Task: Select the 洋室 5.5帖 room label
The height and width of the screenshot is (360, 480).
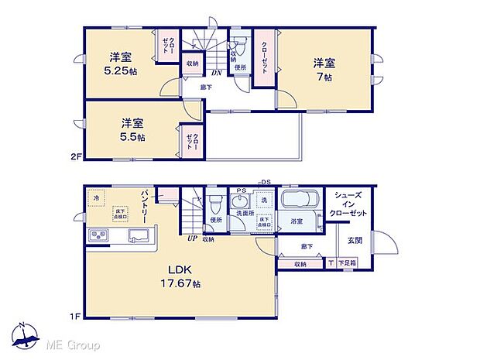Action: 132,129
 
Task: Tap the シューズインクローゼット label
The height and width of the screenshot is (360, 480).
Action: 345,204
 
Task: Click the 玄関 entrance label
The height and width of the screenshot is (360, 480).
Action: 355,240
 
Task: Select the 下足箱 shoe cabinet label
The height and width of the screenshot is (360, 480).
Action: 348,264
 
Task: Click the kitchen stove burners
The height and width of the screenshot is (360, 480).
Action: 101,235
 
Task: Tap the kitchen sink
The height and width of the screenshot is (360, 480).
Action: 138,236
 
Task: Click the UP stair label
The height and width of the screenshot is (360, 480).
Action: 190,238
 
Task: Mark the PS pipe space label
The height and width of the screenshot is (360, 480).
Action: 241,190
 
